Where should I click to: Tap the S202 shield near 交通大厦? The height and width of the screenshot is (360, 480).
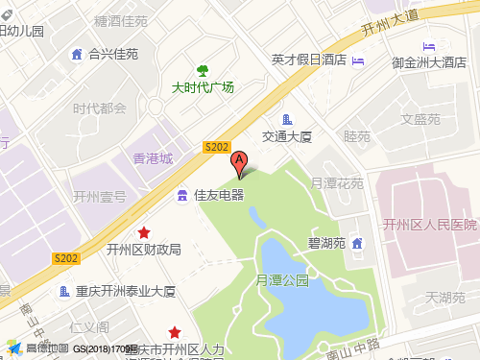pyautogui.click(x=217, y=146)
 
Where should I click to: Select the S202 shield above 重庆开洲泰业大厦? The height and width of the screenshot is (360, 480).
pyautogui.click(x=66, y=258)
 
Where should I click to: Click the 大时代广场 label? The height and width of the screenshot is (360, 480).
pyautogui.click(x=203, y=87)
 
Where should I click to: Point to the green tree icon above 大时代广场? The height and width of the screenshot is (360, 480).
pyautogui.click(x=203, y=70)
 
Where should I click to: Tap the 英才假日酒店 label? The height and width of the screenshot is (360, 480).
pyautogui.click(x=308, y=60)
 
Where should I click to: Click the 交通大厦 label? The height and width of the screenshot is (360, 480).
pyautogui.click(x=288, y=137)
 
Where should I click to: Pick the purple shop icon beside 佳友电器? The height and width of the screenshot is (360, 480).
pyautogui.click(x=182, y=196)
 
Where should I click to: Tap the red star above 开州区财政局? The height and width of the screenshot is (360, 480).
pyautogui.click(x=144, y=232)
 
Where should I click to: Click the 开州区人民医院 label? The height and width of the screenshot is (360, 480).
pyautogui.click(x=429, y=225)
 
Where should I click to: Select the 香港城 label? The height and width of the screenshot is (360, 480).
pyautogui.click(x=153, y=158)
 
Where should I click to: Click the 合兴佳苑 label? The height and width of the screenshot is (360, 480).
pyautogui.click(x=113, y=54)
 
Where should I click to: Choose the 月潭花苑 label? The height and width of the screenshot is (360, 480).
pyautogui.click(x=337, y=182)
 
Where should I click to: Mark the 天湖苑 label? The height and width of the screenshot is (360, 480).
pyautogui.click(x=445, y=298)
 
